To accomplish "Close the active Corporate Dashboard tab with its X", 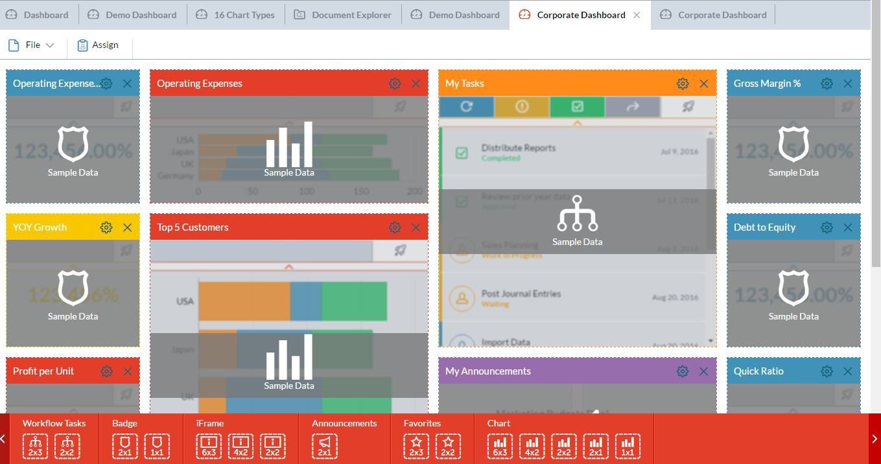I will click(x=637, y=15).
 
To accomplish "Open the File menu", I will click(x=32, y=45).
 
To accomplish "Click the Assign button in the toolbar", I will click(x=98, y=45).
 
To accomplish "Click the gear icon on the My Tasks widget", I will click(x=683, y=84).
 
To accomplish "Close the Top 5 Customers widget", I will click(x=416, y=227).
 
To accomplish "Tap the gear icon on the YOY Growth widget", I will click(x=106, y=227).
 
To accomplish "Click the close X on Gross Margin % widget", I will click(x=847, y=84).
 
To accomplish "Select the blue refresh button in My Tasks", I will click(x=466, y=107).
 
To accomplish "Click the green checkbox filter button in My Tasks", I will click(x=577, y=107).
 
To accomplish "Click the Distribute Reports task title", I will click(x=518, y=148).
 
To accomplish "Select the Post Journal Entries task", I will click(x=521, y=294).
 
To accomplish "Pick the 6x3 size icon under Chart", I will click(x=500, y=447).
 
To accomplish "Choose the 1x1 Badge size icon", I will click(x=157, y=447).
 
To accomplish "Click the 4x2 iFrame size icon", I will click(x=241, y=447).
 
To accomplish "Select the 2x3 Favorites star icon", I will click(x=416, y=447).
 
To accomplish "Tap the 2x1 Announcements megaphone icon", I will click(x=325, y=447).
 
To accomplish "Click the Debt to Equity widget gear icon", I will click(x=827, y=227).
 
